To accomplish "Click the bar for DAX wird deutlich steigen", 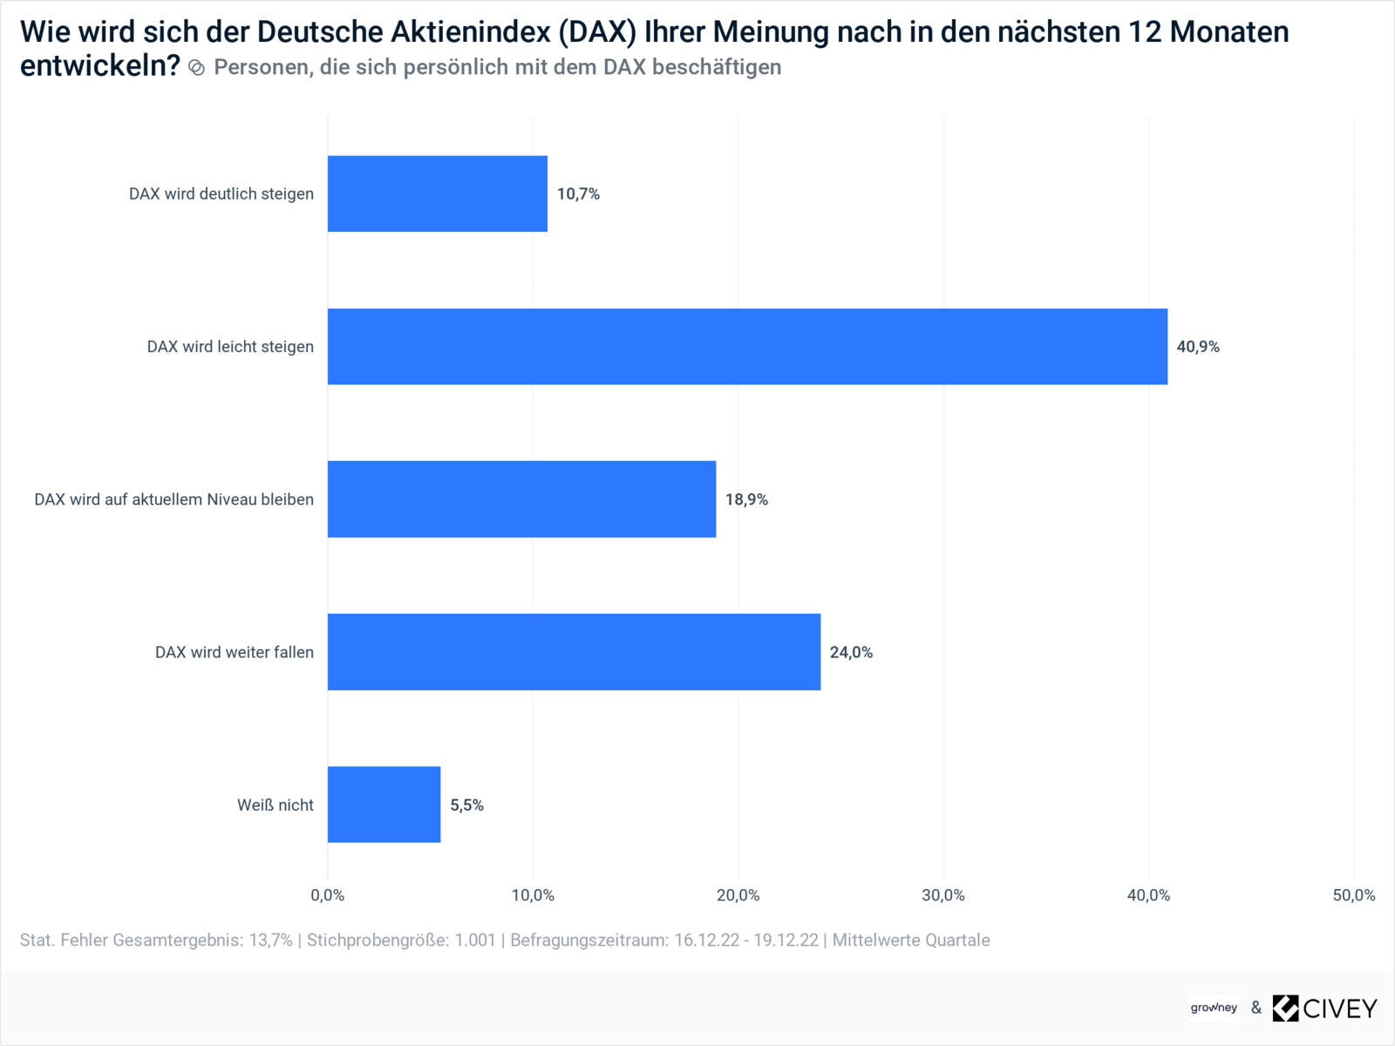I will (437, 194).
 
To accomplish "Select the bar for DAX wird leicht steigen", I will (747, 346).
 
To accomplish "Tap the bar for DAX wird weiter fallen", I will (574, 652).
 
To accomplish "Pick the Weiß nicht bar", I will (384, 805).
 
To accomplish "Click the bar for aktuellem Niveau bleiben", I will (521, 499).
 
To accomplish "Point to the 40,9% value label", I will (1198, 347).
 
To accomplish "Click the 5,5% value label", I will (466, 805).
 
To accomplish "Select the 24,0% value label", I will (851, 653).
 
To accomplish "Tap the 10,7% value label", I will (578, 194).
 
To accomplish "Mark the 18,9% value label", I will (746, 499).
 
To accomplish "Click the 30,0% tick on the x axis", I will (943, 895).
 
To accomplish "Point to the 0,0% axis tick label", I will (328, 895).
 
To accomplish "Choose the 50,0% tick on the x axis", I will (1353, 895).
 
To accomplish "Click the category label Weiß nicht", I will (275, 805).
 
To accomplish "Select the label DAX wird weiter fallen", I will (234, 653).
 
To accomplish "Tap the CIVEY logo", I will (1324, 1009).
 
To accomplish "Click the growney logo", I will (1214, 1008).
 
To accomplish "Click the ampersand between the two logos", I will (1255, 1009).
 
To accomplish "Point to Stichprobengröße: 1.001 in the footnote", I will (401, 941).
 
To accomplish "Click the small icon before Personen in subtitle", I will (197, 68).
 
